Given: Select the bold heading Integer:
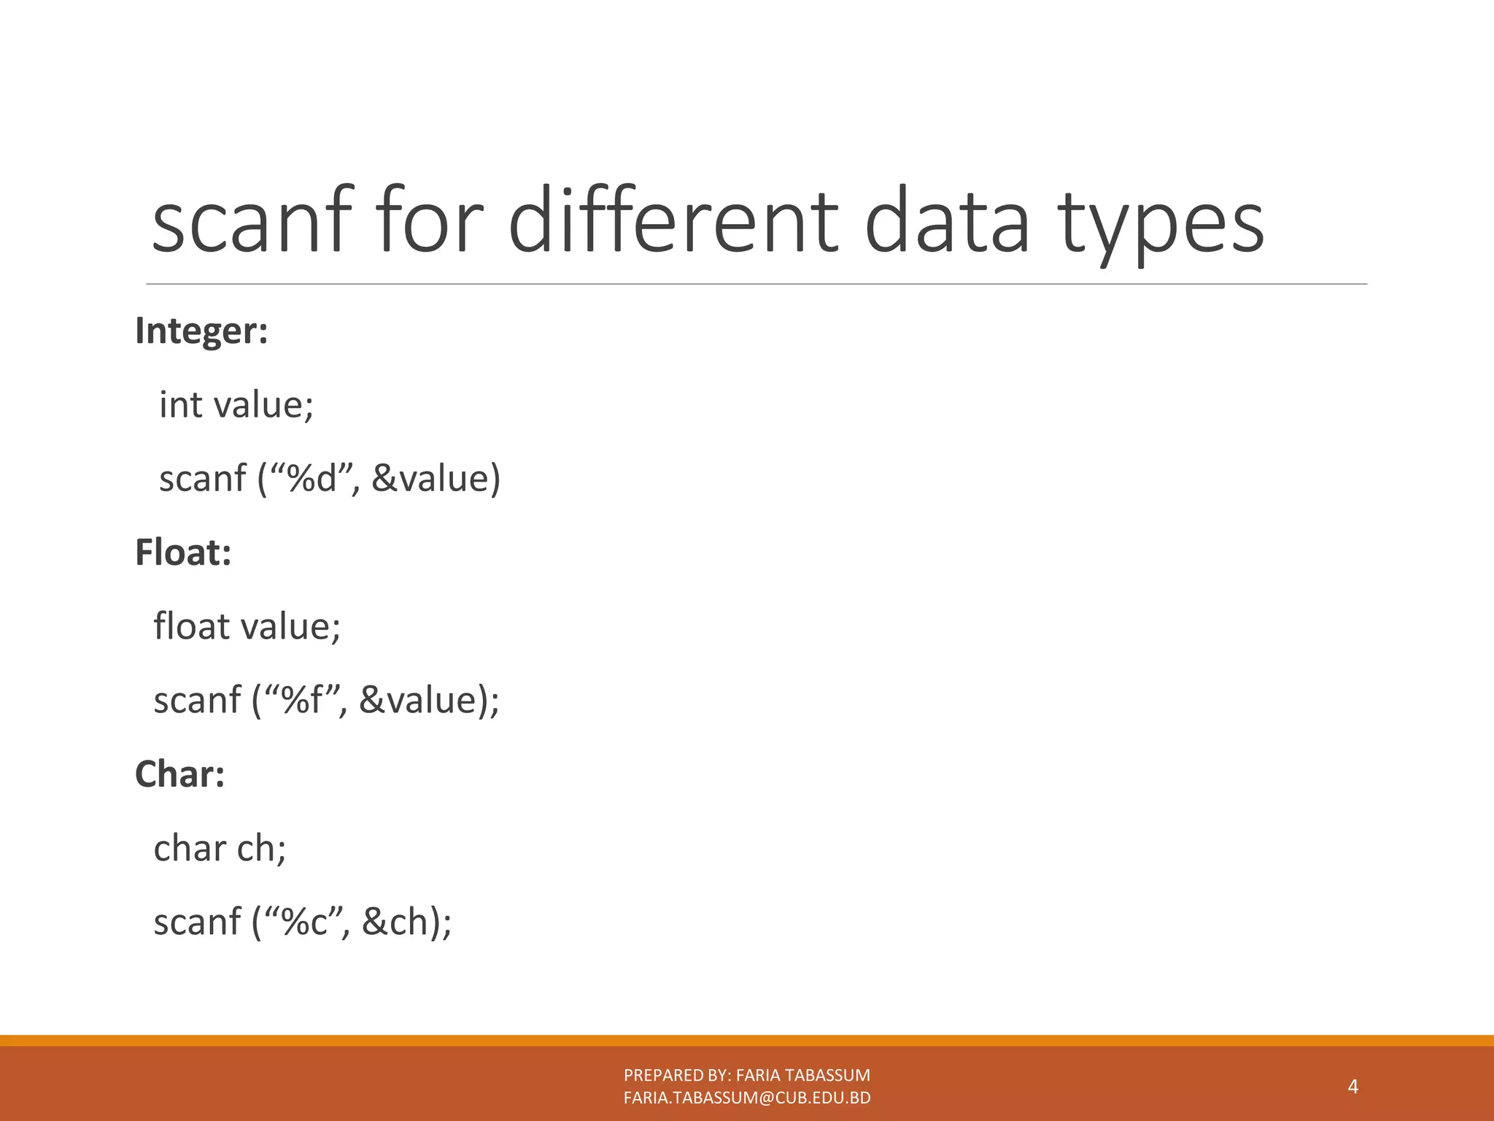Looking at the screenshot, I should coord(201,331).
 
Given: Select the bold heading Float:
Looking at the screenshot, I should coord(183,552).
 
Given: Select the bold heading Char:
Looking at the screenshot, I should coord(179,774).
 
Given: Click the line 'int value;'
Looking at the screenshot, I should coord(236,405).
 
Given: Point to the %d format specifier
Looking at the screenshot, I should coord(311,479).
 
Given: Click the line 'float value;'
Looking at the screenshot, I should coord(247,626).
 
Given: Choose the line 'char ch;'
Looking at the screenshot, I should coord(220,848).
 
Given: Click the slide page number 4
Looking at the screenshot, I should coord(1352,1087).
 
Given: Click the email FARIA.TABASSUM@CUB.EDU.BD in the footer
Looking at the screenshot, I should coord(747,1098).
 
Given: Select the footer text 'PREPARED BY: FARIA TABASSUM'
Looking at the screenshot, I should coord(747,1075).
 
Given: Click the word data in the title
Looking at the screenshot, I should coord(946,221).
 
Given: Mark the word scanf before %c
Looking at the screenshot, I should coord(197,922).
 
